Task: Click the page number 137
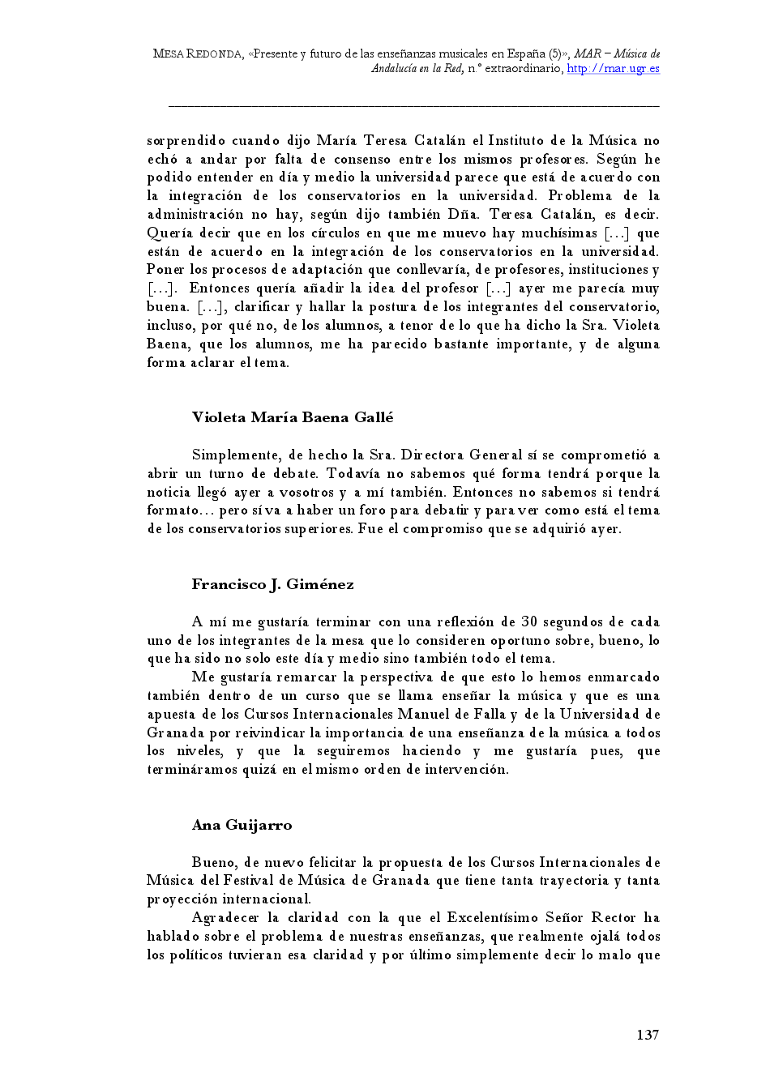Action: tap(647, 1035)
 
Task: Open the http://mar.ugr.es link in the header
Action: tap(613, 69)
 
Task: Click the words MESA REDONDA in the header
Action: tap(197, 54)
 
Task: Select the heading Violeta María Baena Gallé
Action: tap(293, 418)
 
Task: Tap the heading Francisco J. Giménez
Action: tap(272, 585)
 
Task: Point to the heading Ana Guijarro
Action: tap(242, 826)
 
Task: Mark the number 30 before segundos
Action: tap(529, 622)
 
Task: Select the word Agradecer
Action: tap(224, 918)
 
